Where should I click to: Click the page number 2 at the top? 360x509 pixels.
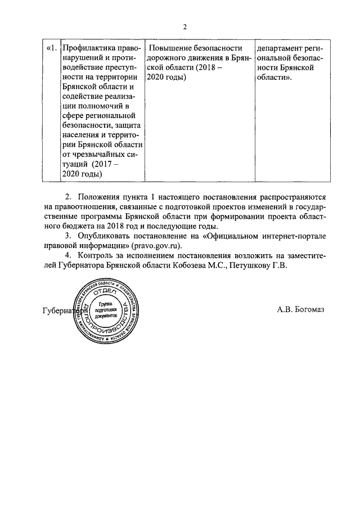click(183, 26)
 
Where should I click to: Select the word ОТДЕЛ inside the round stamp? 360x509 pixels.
click(105, 292)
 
